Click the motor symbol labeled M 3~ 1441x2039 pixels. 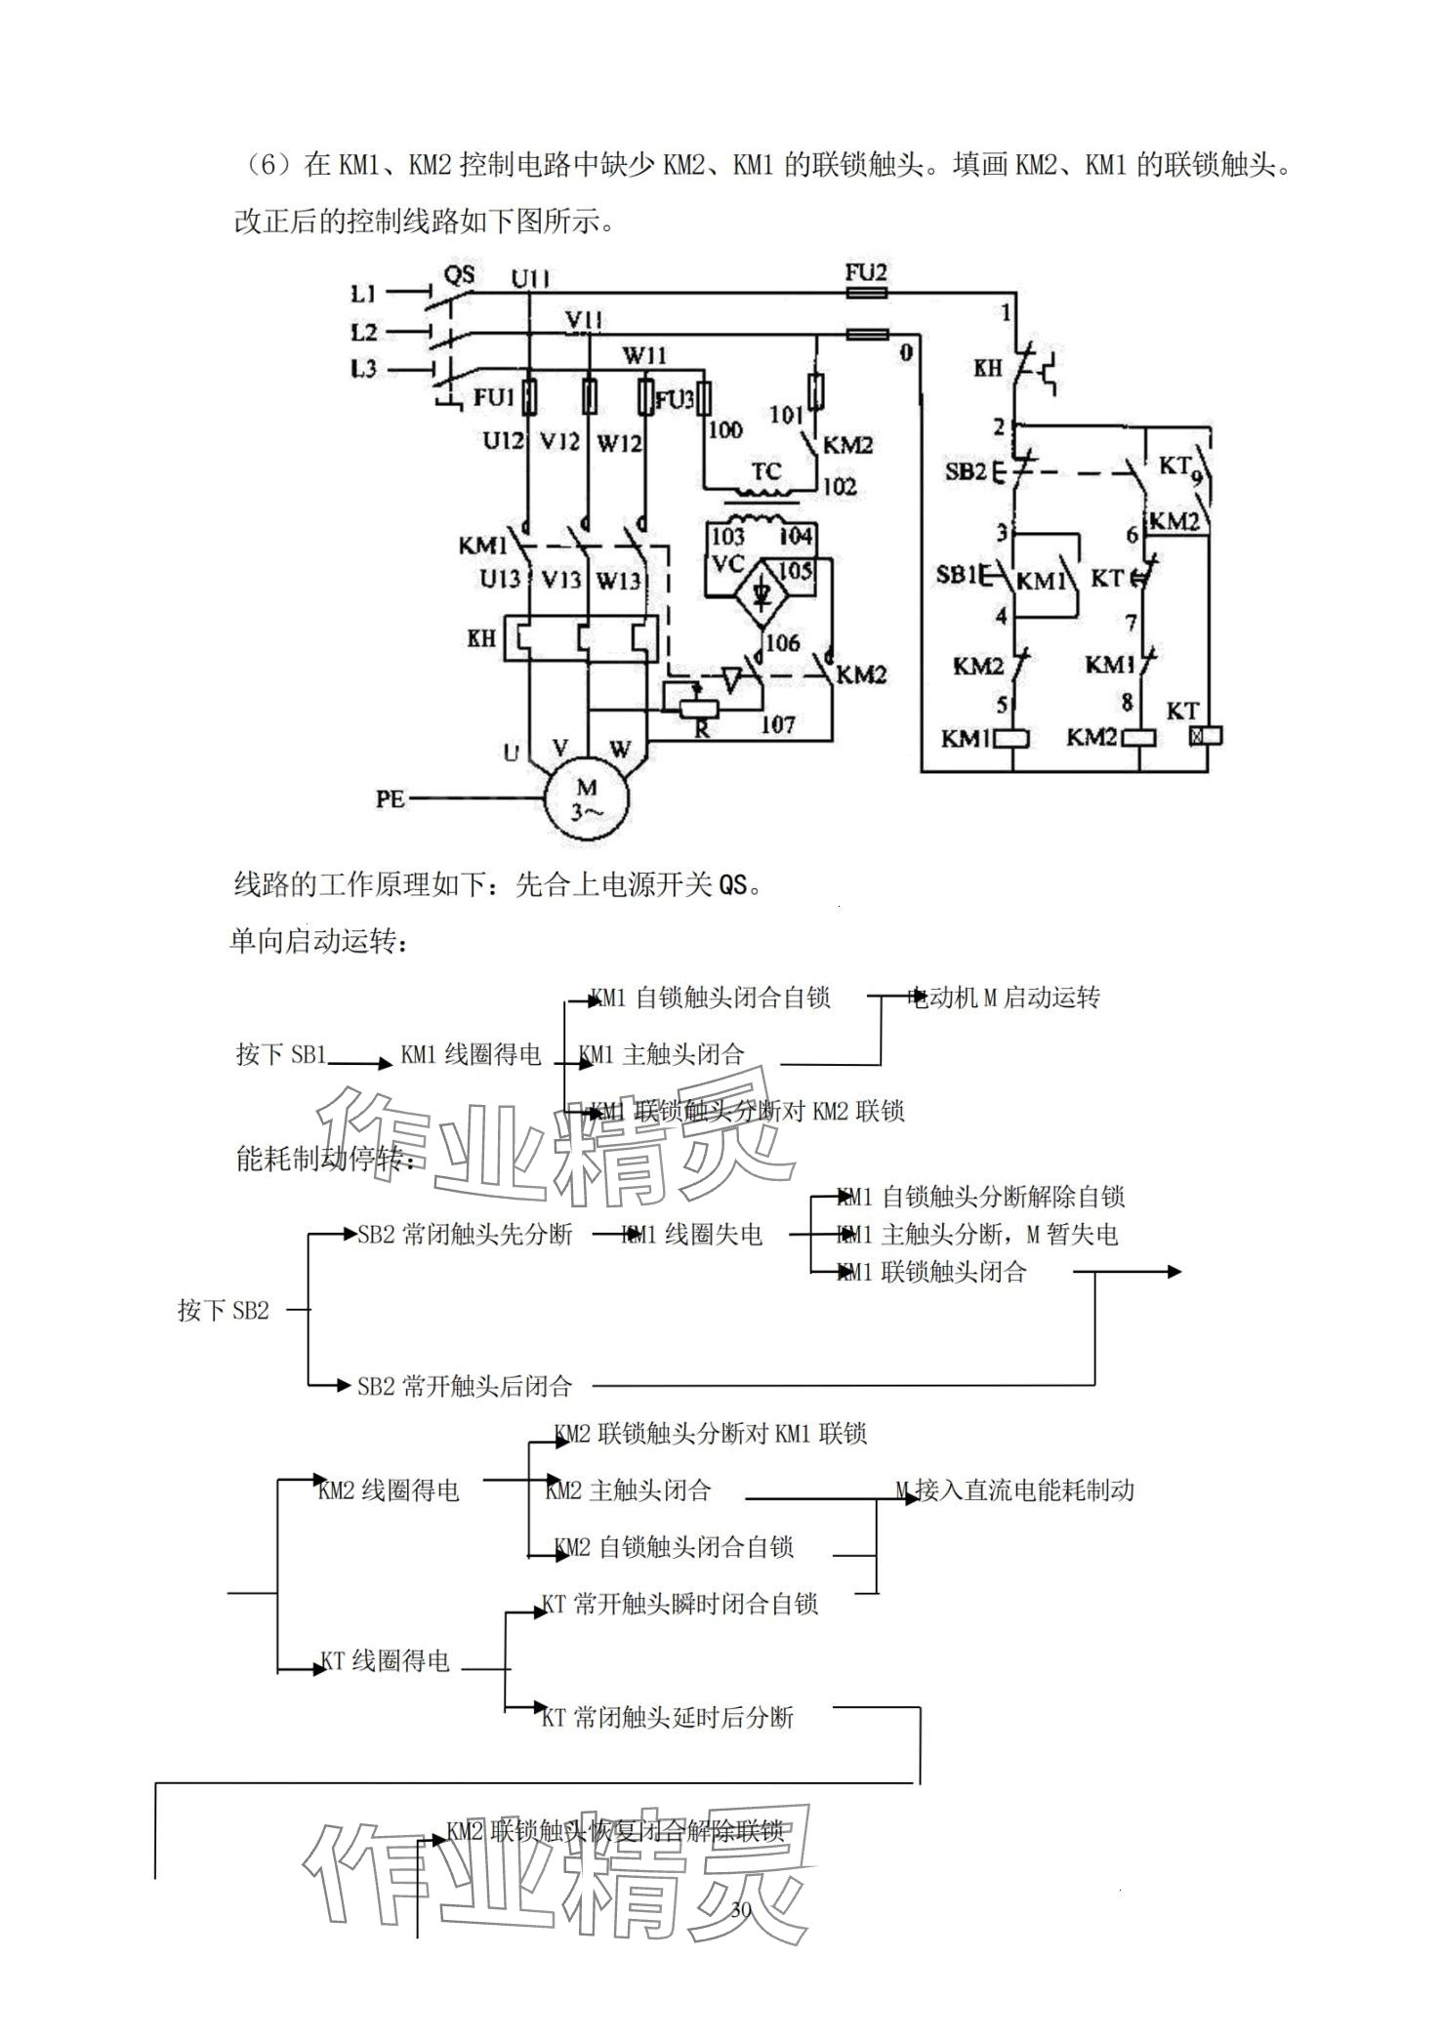point(587,798)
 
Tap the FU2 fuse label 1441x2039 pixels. point(865,272)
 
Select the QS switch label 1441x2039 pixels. point(459,274)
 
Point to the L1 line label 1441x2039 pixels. point(363,293)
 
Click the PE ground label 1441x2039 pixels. point(390,798)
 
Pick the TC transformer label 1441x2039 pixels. point(766,471)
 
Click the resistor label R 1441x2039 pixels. point(701,728)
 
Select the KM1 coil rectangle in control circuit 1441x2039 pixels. point(1012,738)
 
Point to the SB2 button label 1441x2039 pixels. point(965,471)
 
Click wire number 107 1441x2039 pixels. point(777,723)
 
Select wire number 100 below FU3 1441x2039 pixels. point(724,428)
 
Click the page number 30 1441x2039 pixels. point(740,1910)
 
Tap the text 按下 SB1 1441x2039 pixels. point(281,1054)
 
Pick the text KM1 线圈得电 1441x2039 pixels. point(471,1054)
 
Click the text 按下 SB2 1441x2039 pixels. point(223,1310)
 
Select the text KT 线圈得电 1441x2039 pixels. point(387,1660)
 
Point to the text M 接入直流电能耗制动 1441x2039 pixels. point(1015,1489)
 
